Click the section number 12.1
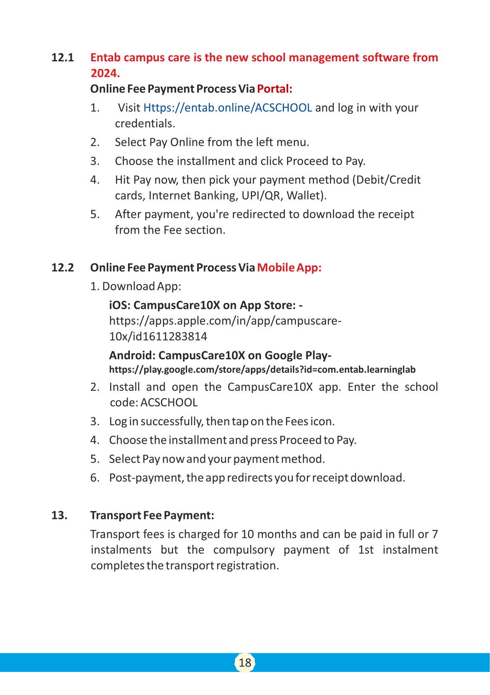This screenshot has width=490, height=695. click(63, 58)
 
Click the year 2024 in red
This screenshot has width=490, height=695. click(105, 73)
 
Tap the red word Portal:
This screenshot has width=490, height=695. click(274, 89)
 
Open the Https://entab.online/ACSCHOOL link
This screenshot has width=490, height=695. click(228, 108)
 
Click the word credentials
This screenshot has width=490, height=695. click(145, 124)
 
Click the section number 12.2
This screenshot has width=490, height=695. click(63, 268)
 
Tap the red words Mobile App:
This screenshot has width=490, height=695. click(289, 268)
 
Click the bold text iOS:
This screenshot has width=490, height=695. click(120, 305)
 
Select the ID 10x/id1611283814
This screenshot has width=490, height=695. click(158, 337)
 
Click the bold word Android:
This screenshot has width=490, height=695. click(132, 355)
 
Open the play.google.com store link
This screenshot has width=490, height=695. click(262, 370)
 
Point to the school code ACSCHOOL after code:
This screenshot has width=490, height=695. click(169, 403)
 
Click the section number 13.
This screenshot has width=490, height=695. click(59, 516)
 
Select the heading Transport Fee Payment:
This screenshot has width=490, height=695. click(152, 516)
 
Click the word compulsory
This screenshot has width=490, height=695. click(244, 550)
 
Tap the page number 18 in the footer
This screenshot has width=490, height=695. click(245, 663)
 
